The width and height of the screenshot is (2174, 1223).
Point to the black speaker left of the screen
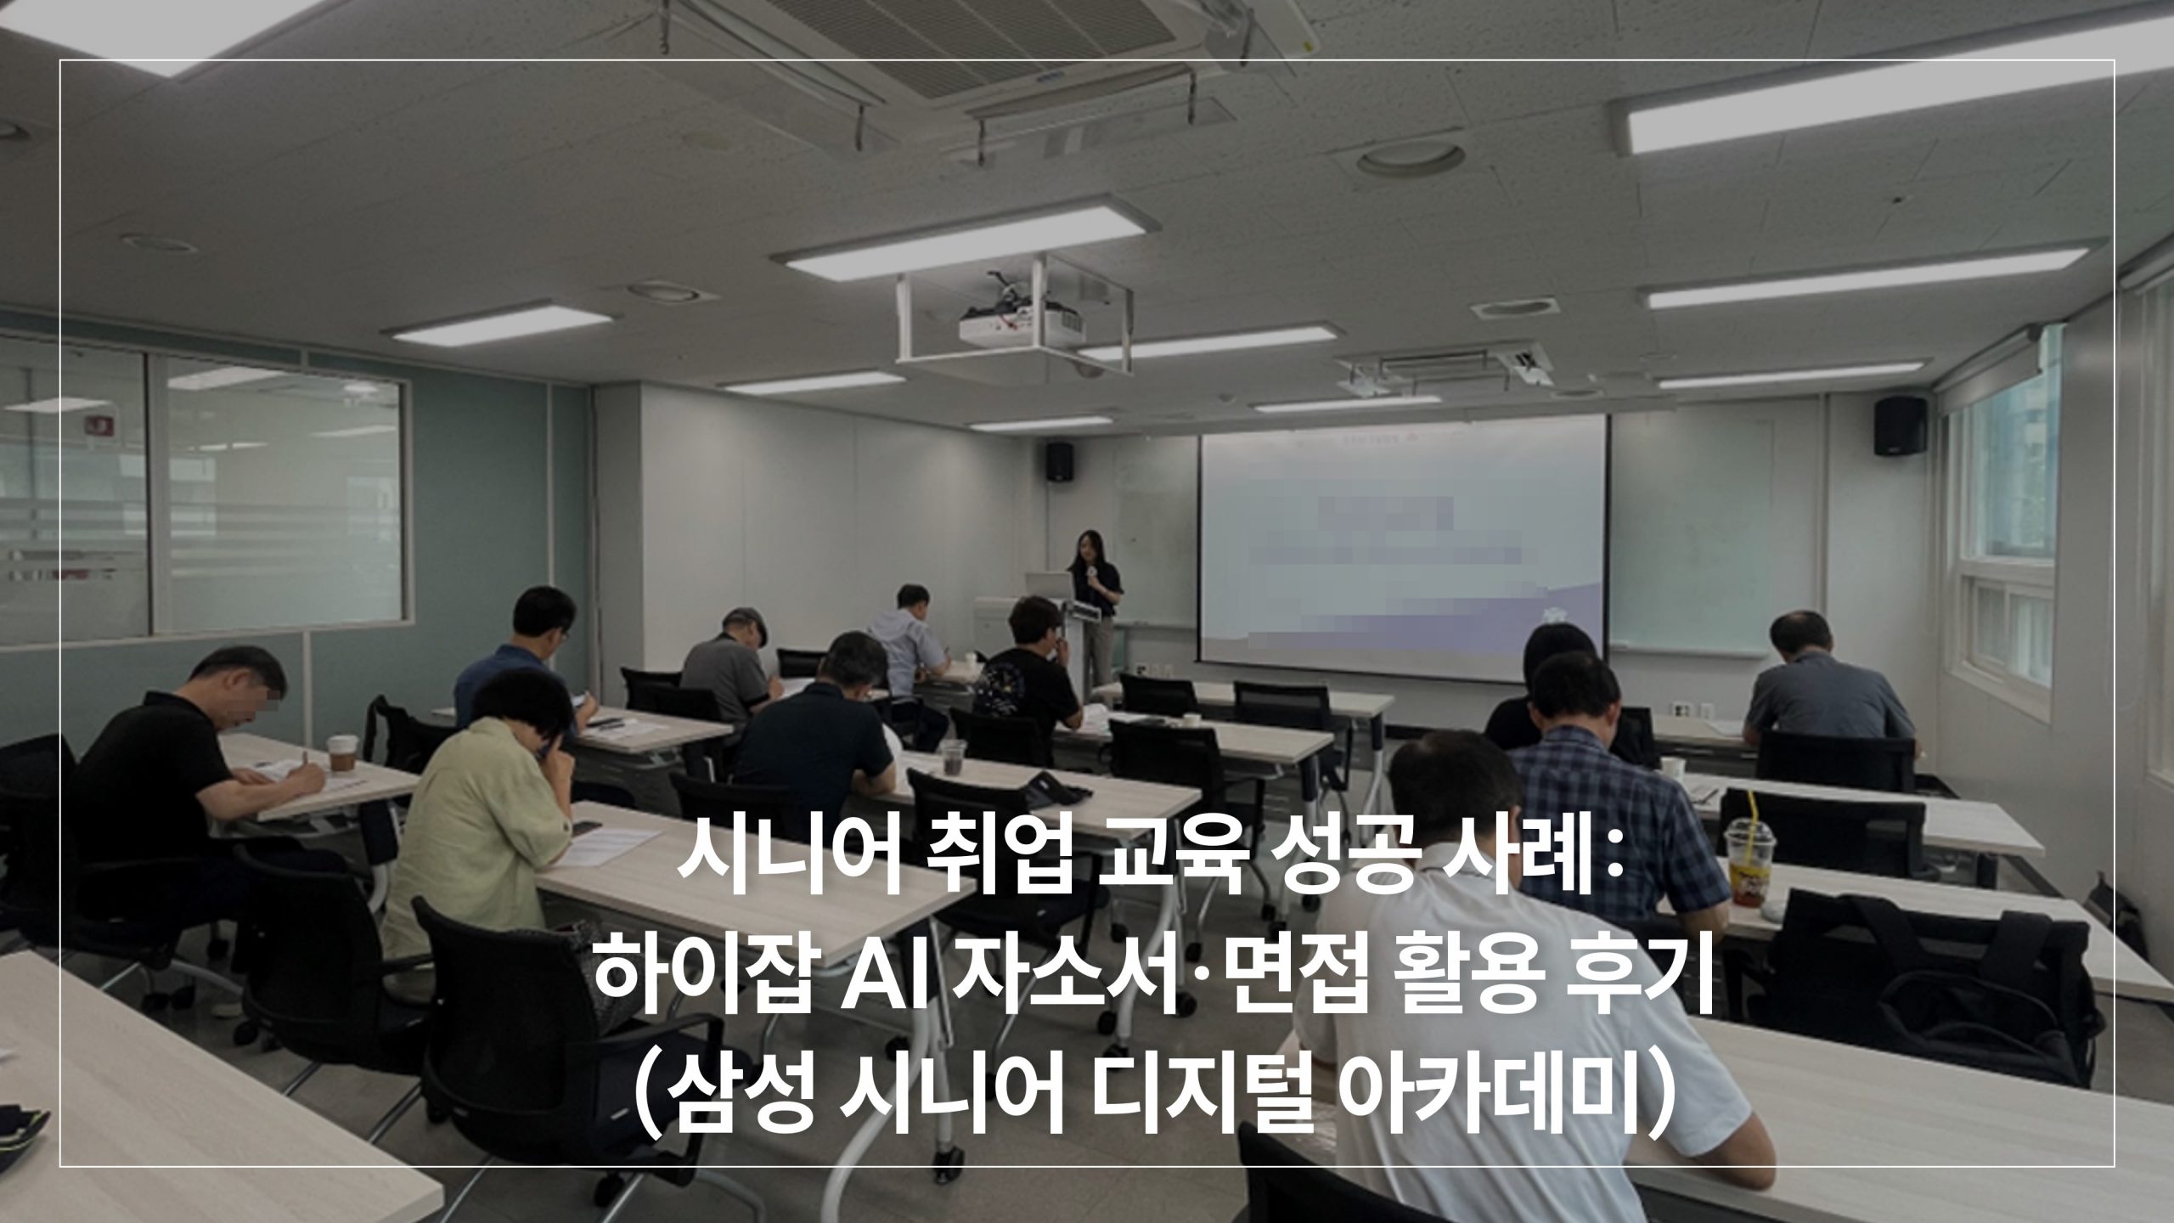pyautogui.click(x=1058, y=462)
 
